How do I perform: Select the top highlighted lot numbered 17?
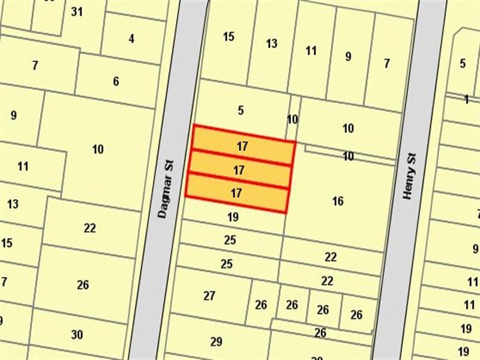[x=242, y=146]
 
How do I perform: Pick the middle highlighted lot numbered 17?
[x=239, y=171]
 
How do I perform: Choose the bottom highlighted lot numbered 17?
[x=236, y=193]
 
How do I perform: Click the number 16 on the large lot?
[x=338, y=202]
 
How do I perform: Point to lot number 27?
[x=209, y=296]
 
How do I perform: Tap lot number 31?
[x=76, y=11]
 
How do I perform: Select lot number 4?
[x=131, y=39]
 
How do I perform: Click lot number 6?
[x=116, y=82]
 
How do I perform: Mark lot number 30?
[x=77, y=335]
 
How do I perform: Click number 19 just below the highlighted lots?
[x=233, y=217]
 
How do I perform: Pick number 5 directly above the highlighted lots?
[x=241, y=110]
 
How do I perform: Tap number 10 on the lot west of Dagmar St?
[x=98, y=149]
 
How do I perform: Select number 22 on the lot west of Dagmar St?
[x=90, y=228]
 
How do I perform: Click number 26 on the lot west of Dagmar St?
[x=83, y=285]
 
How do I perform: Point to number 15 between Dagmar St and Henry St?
[x=229, y=37]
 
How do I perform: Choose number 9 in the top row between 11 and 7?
[x=349, y=57]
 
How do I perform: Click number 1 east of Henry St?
[x=466, y=100]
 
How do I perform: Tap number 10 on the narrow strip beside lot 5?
[x=292, y=119]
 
